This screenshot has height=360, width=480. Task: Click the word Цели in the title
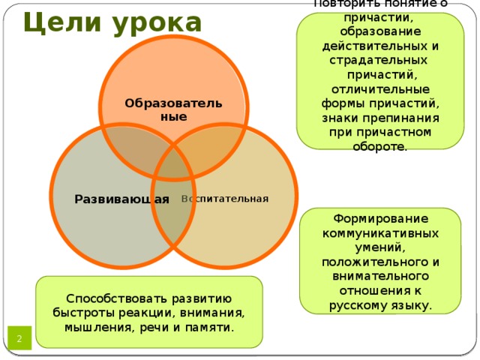[62, 22]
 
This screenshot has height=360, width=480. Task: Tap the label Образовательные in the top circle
[173, 109]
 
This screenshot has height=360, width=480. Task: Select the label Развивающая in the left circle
[121, 199]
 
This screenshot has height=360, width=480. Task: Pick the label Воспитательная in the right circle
[225, 199]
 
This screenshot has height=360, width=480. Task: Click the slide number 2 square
[19, 338]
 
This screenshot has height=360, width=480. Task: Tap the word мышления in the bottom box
[99, 328]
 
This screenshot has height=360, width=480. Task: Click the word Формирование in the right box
[380, 218]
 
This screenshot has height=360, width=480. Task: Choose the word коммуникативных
[380, 233]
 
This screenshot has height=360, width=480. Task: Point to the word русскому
[357, 305]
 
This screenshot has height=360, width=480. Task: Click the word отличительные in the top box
[380, 89]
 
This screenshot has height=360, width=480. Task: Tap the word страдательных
[378, 60]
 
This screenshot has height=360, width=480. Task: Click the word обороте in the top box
[380, 146]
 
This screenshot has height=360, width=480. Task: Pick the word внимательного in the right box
[380, 276]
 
